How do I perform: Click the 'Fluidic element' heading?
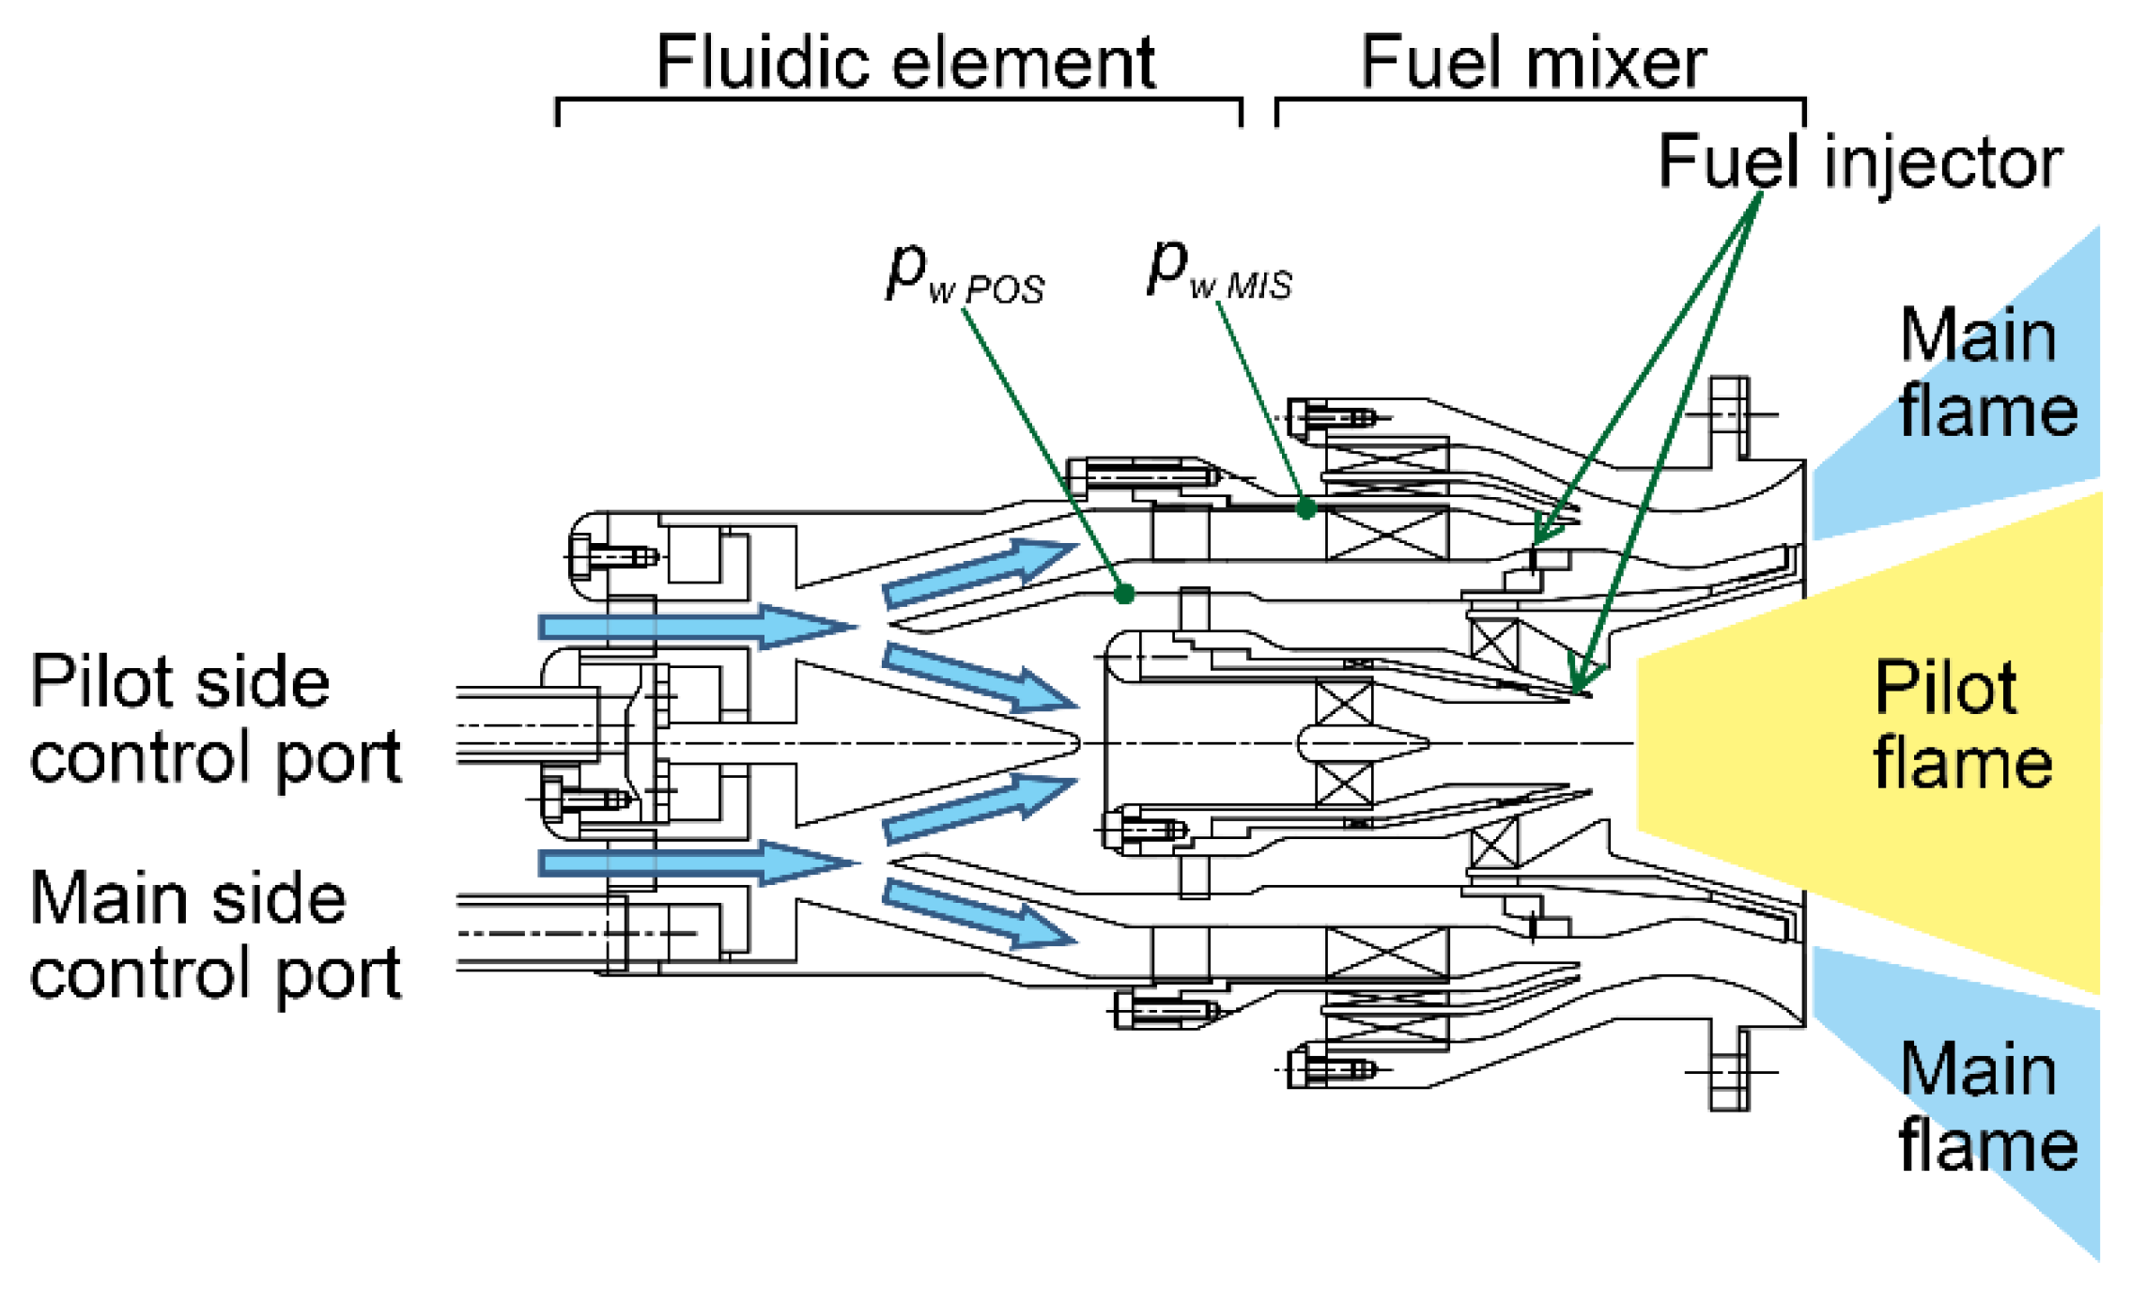coord(904,63)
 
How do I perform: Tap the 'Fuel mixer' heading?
coord(1533,63)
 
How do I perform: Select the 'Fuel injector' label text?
coord(1859,163)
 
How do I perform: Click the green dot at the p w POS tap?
coord(1124,594)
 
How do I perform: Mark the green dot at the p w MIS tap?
coord(1305,509)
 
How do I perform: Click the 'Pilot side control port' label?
coord(215,719)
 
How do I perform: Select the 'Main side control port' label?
coord(215,935)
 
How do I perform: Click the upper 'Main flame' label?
coord(1986,373)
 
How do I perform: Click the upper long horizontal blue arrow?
coord(695,626)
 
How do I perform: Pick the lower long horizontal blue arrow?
coord(695,862)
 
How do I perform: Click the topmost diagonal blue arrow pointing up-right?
coord(977,572)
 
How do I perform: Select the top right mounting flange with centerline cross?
coord(1729,414)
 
